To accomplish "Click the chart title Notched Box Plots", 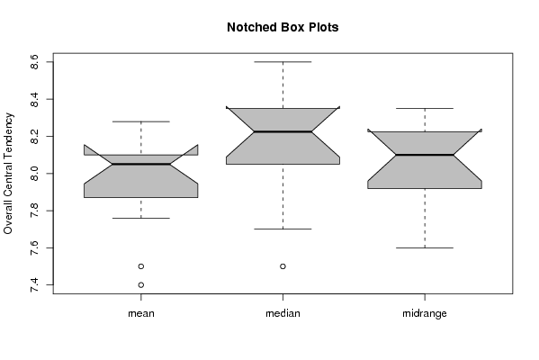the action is (x=283, y=27).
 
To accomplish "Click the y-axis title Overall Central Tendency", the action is (x=8, y=174).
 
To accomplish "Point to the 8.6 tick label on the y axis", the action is (x=34, y=62).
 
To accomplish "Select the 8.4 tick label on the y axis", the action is (x=34, y=99).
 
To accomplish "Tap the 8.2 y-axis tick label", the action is (x=34, y=136).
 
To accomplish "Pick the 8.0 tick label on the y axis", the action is (x=34, y=174).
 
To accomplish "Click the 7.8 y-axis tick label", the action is (x=34, y=211).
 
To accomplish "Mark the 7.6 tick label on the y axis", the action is (x=34, y=247).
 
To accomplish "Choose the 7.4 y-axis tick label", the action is (x=34, y=284).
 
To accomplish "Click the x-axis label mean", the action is (x=141, y=313).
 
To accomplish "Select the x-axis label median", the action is (x=283, y=313).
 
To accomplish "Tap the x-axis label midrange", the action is (x=425, y=313).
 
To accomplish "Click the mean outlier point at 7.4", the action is (x=141, y=284).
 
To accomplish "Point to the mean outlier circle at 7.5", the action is (x=141, y=266).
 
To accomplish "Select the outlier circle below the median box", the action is (x=283, y=266).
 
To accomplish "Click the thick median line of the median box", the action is (x=283, y=131).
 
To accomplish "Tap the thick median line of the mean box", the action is (x=141, y=164).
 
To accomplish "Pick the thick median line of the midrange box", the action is (x=425, y=155).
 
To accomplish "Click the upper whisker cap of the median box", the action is (x=283, y=62).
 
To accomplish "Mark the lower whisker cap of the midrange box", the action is (x=425, y=247).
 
